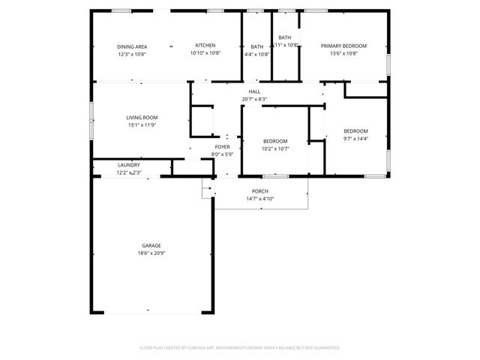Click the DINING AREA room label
click(x=132, y=46)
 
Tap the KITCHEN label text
click(x=205, y=46)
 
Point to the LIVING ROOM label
click(x=141, y=117)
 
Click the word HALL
click(x=254, y=91)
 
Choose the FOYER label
click(x=223, y=147)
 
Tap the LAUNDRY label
click(x=129, y=165)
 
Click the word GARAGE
click(x=151, y=245)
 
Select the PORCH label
click(x=260, y=191)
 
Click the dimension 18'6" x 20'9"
click(x=151, y=253)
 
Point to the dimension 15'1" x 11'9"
click(x=141, y=125)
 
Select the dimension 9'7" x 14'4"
click(x=356, y=139)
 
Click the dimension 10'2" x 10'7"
click(x=275, y=149)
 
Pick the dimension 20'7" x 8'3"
click(x=254, y=99)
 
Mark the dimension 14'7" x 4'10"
click(x=260, y=199)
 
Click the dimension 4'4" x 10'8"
click(x=257, y=54)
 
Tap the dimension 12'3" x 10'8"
click(x=132, y=54)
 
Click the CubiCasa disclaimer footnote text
click(x=240, y=348)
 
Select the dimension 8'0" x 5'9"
click(x=223, y=154)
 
